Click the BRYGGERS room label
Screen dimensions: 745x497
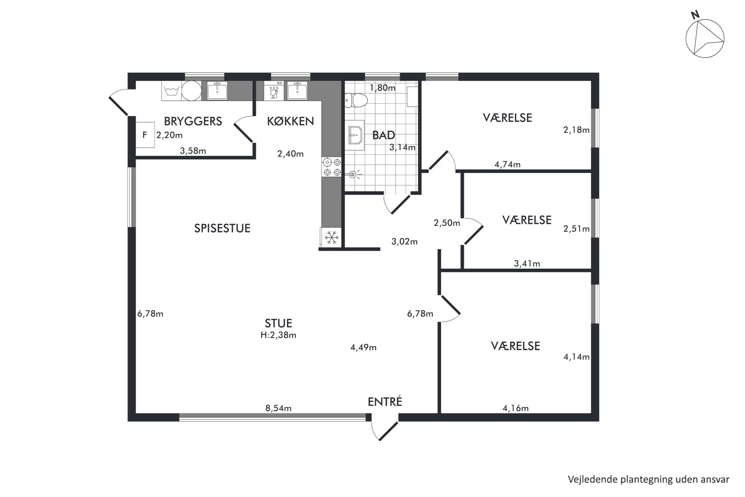[193, 121]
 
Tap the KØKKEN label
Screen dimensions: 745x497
[290, 121]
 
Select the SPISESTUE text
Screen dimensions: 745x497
[222, 228]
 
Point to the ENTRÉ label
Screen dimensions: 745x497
[385, 401]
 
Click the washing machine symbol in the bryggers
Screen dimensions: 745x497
[171, 91]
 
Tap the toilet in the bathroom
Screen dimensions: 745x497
[356, 100]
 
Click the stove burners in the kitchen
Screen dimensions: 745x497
[332, 167]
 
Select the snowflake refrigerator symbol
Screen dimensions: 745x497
[331, 237]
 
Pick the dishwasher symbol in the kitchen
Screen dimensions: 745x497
[274, 91]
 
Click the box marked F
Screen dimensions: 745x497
[145, 135]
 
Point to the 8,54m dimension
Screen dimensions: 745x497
[278, 408]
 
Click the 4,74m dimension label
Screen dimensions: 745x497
[508, 164]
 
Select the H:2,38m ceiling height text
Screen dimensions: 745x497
[278, 335]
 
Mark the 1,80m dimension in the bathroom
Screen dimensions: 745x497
[383, 88]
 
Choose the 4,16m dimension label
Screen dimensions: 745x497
[516, 408]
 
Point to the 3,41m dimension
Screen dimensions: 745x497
[527, 264]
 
